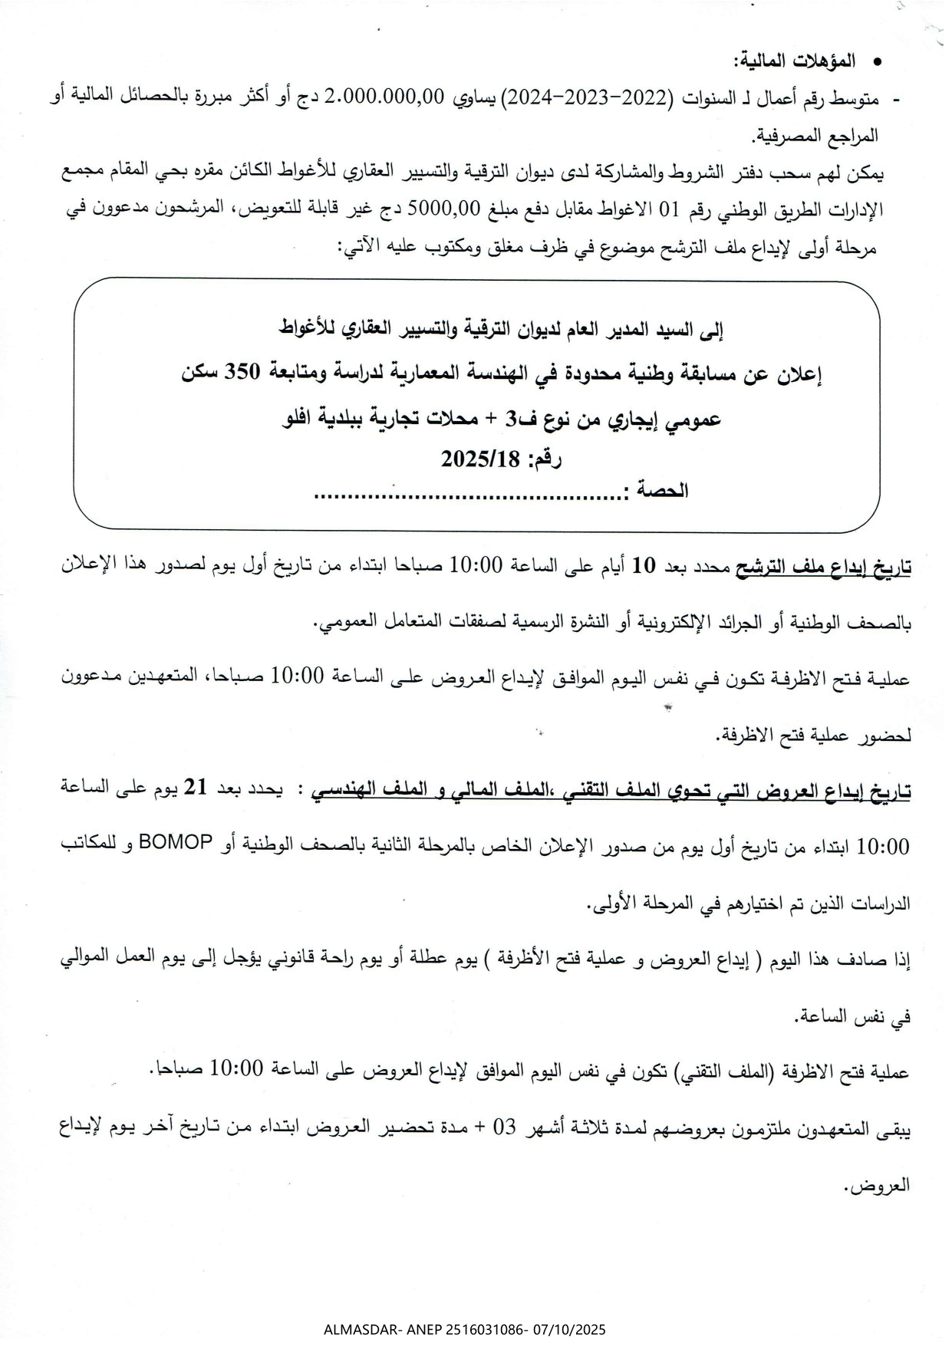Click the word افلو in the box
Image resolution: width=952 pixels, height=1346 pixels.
tap(309, 419)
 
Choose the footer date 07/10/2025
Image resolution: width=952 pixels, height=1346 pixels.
tap(568, 1328)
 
